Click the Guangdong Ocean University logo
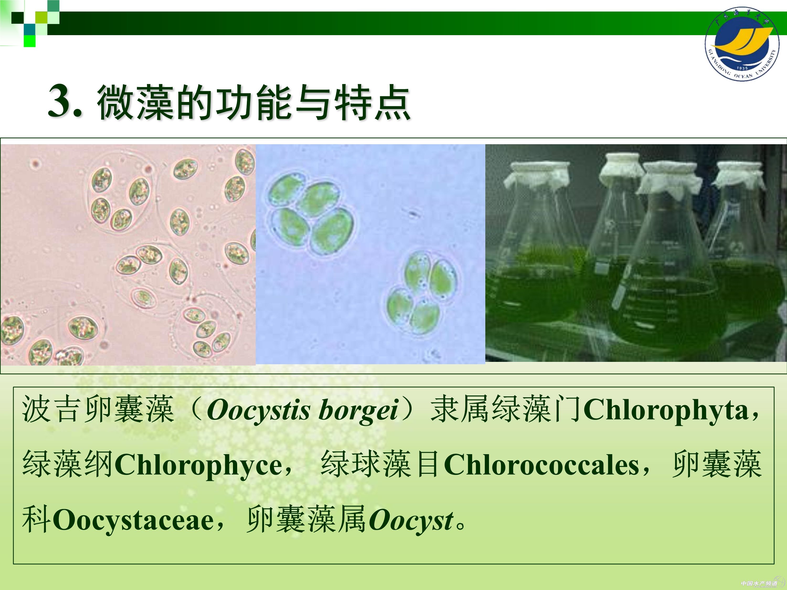(742, 43)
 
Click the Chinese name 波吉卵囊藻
(98, 410)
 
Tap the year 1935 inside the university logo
(742, 68)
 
